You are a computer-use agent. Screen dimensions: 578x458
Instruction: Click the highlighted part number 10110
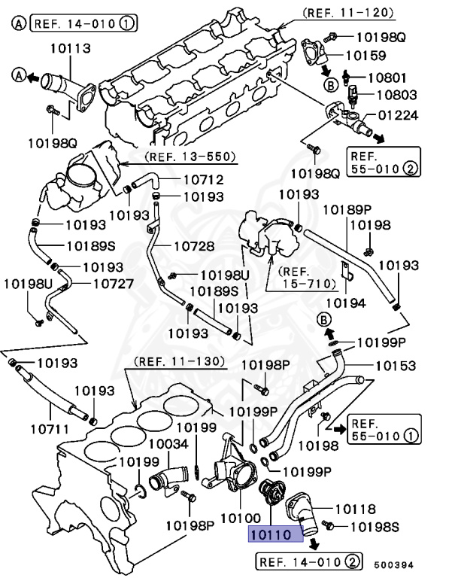276,533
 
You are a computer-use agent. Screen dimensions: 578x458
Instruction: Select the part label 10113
71,49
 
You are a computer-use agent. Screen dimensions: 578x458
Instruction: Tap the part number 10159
366,55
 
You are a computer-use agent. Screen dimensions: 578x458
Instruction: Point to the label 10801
391,77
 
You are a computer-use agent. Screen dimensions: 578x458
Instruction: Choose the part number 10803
396,96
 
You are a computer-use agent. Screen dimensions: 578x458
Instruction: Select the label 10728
194,245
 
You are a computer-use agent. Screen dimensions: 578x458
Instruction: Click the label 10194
344,303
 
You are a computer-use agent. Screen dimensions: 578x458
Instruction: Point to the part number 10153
396,366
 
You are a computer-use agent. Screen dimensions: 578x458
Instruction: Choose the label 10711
50,430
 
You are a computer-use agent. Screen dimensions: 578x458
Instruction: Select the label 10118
355,510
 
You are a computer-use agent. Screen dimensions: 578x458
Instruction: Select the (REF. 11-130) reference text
180,361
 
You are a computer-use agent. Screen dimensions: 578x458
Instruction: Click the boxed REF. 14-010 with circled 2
308,561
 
